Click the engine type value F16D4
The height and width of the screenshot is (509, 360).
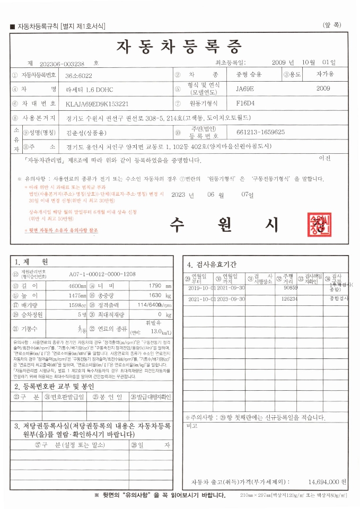point(245,103)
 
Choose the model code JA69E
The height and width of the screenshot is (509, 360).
point(245,89)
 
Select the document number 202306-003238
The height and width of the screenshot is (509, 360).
point(62,63)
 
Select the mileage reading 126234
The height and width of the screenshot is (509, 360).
point(289,299)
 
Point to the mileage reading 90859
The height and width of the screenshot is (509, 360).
point(290,287)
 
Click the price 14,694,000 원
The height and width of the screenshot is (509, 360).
point(327,482)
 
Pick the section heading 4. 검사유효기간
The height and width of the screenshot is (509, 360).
point(212,264)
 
